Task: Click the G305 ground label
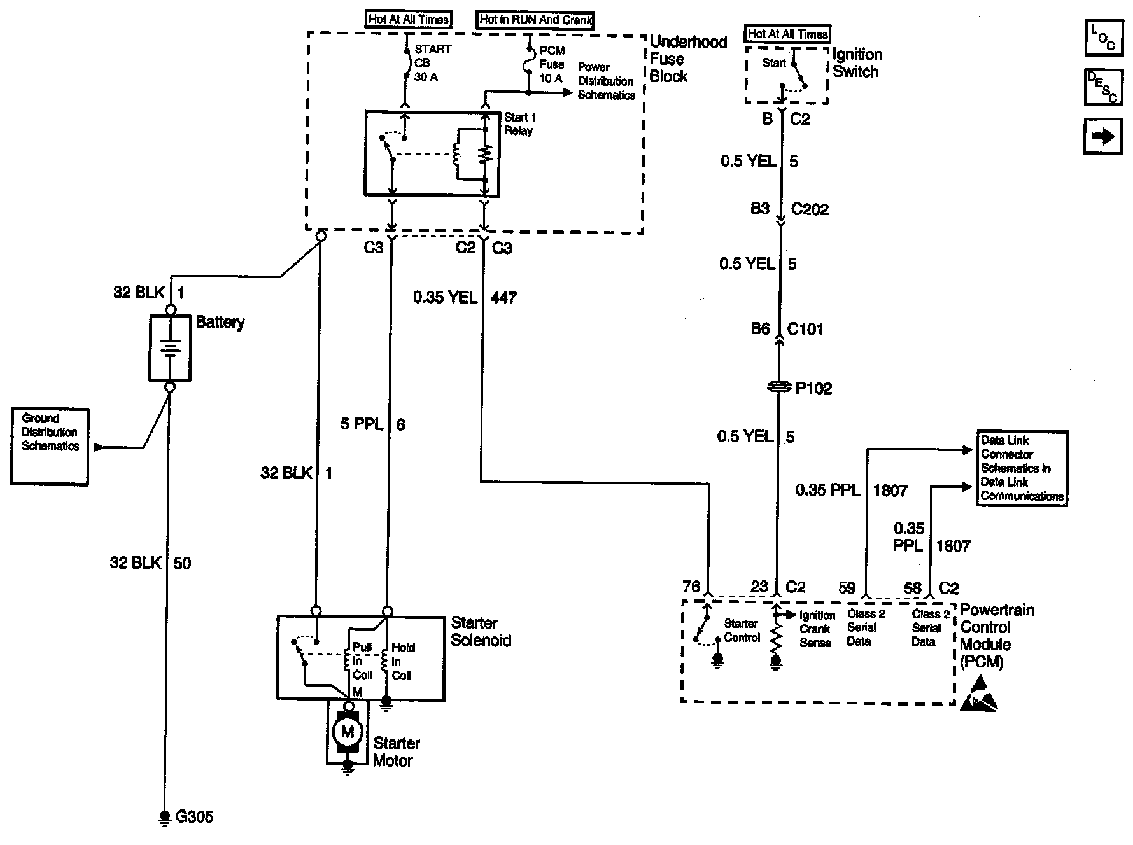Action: [194, 817]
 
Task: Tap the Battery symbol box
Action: [170, 348]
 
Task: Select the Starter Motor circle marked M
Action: [347, 732]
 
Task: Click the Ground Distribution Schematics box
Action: [50, 446]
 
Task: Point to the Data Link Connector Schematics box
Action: [1022, 468]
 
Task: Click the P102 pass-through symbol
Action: [778, 387]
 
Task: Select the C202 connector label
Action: [810, 209]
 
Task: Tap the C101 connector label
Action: [805, 329]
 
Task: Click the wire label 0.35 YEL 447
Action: [464, 297]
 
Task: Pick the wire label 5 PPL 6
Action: [372, 424]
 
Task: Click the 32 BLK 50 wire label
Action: [150, 563]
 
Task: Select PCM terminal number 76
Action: [691, 587]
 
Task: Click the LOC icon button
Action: [1103, 38]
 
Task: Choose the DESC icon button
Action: [1103, 87]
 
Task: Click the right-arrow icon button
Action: [1103, 136]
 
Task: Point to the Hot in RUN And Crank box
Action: [535, 20]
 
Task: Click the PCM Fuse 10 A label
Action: [551, 64]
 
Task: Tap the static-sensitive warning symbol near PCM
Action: [980, 695]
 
